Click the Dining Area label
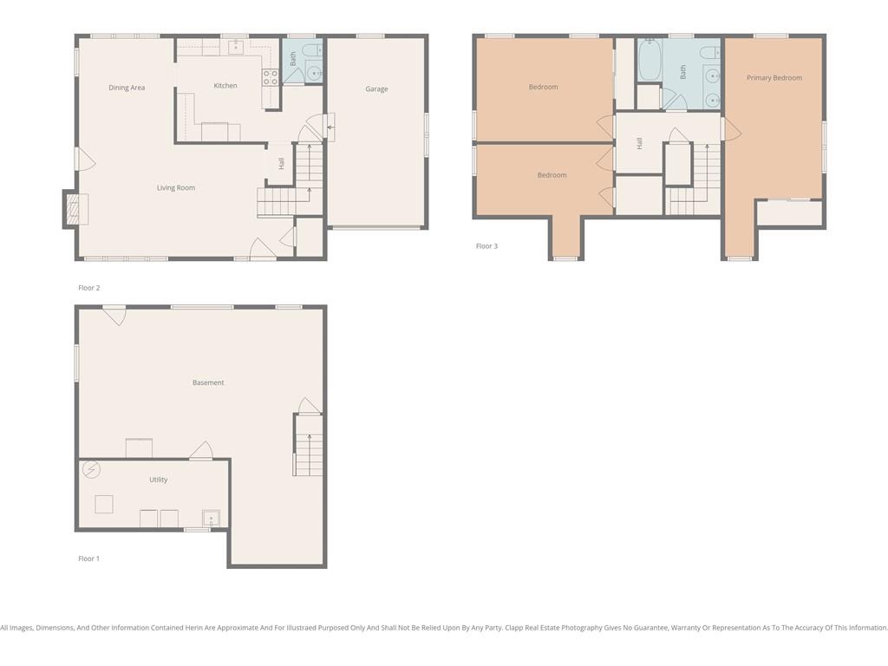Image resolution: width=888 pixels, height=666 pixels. [x=127, y=88]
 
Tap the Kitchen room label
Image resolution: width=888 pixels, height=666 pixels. [x=225, y=86]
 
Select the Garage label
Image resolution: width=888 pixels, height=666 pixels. [x=376, y=89]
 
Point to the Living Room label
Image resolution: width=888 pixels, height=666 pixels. [x=175, y=188]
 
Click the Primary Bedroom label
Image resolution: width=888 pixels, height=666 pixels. [x=774, y=78]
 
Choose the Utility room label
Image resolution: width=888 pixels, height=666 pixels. [x=159, y=480]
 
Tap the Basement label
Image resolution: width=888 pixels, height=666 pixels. [x=208, y=382]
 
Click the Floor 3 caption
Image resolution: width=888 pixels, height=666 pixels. [x=486, y=245]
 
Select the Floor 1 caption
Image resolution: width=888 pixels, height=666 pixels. [x=89, y=558]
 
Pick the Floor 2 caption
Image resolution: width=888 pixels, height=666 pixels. [x=89, y=288]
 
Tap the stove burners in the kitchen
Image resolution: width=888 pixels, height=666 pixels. [x=271, y=77]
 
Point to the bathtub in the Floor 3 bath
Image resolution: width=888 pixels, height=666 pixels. [x=649, y=60]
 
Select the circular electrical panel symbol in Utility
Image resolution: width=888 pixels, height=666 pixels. [x=91, y=469]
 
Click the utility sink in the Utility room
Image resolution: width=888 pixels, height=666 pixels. [x=211, y=519]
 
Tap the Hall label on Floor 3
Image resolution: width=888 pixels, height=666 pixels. [x=639, y=143]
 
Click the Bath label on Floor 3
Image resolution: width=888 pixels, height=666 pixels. [x=683, y=71]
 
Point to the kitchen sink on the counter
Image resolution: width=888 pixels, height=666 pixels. [x=236, y=47]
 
